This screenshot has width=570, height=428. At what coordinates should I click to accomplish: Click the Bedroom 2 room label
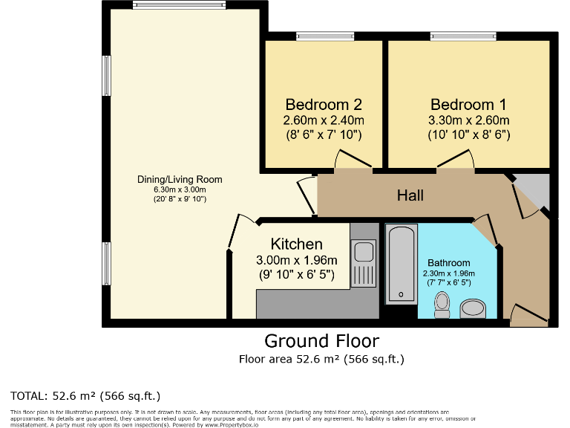point(324,105)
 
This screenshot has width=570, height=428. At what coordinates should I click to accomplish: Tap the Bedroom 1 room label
point(468,105)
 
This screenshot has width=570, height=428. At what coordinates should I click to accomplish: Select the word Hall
point(410,195)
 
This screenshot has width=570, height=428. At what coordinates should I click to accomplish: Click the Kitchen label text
point(297,244)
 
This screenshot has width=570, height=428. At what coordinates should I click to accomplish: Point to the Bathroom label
point(448,263)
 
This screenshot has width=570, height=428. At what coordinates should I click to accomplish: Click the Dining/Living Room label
point(180,179)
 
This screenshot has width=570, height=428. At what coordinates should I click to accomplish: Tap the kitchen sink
point(363,263)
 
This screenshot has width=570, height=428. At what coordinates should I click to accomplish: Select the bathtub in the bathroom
point(402,265)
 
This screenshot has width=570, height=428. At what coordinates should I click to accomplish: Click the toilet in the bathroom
point(442,305)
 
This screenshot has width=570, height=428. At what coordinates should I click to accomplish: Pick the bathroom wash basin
point(473,308)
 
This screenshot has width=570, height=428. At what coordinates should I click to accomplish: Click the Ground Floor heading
point(321,341)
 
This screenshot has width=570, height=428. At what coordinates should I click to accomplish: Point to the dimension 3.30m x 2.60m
point(468,120)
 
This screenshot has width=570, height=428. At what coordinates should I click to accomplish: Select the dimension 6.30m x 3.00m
point(180,189)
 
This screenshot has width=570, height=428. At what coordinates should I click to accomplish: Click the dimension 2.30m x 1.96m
point(448,273)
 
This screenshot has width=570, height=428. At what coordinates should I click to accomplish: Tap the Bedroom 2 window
point(325,36)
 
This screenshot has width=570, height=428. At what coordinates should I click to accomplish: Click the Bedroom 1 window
point(463,36)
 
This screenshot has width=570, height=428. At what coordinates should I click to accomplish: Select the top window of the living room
point(179,4)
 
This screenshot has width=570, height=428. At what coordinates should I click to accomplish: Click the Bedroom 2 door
point(353,160)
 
